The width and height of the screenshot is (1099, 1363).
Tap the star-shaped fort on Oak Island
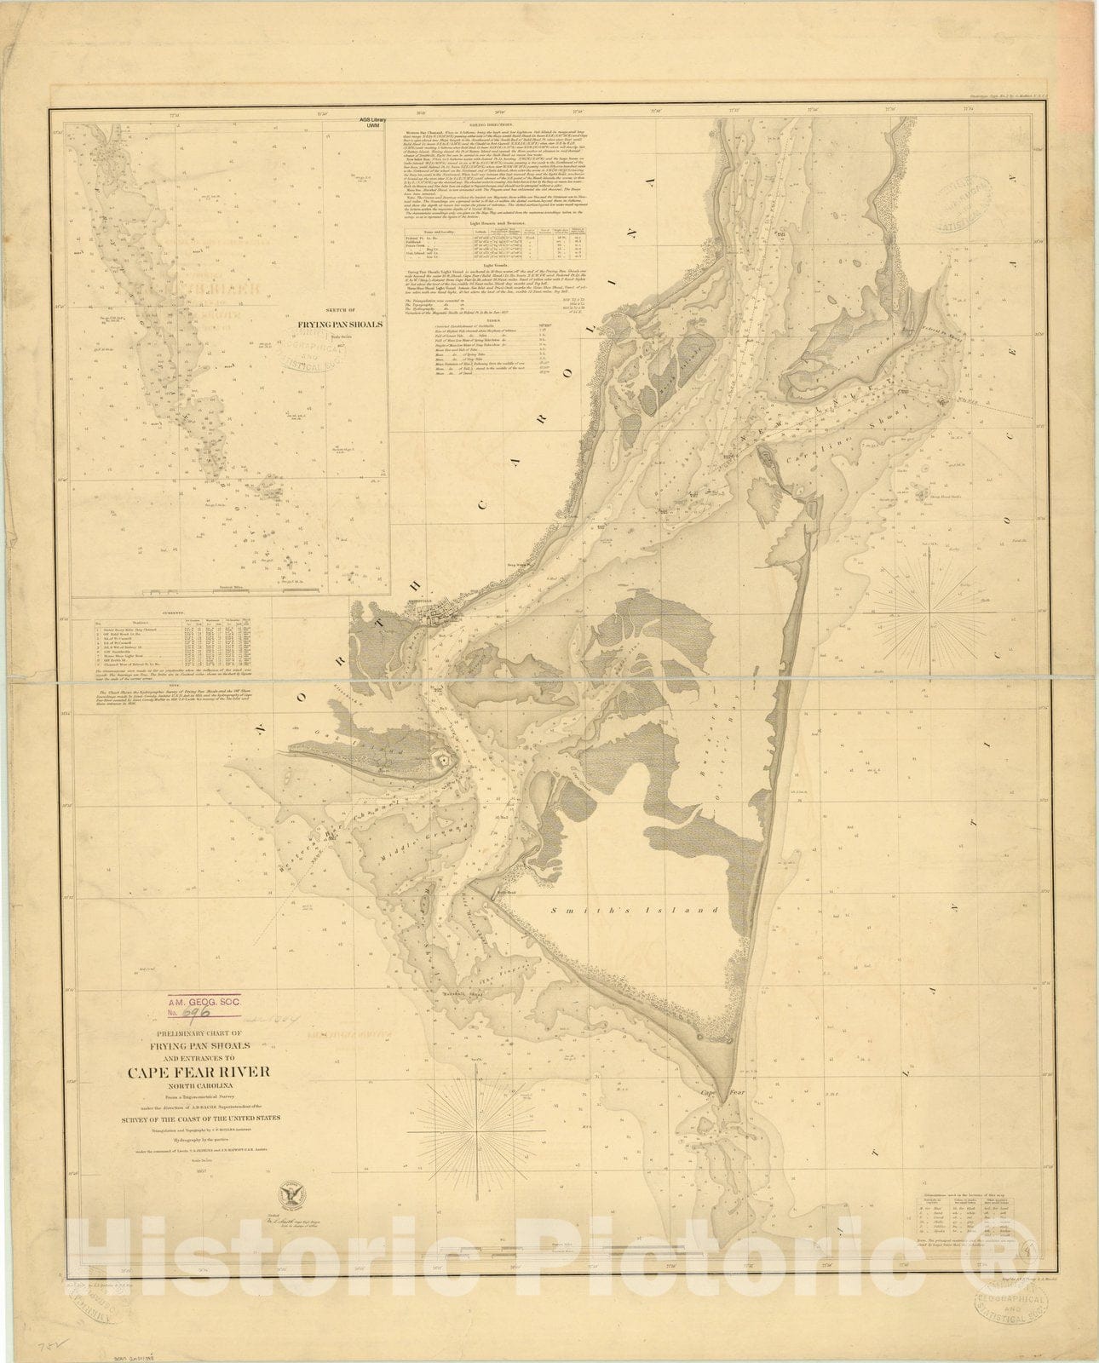coord(441,761)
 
